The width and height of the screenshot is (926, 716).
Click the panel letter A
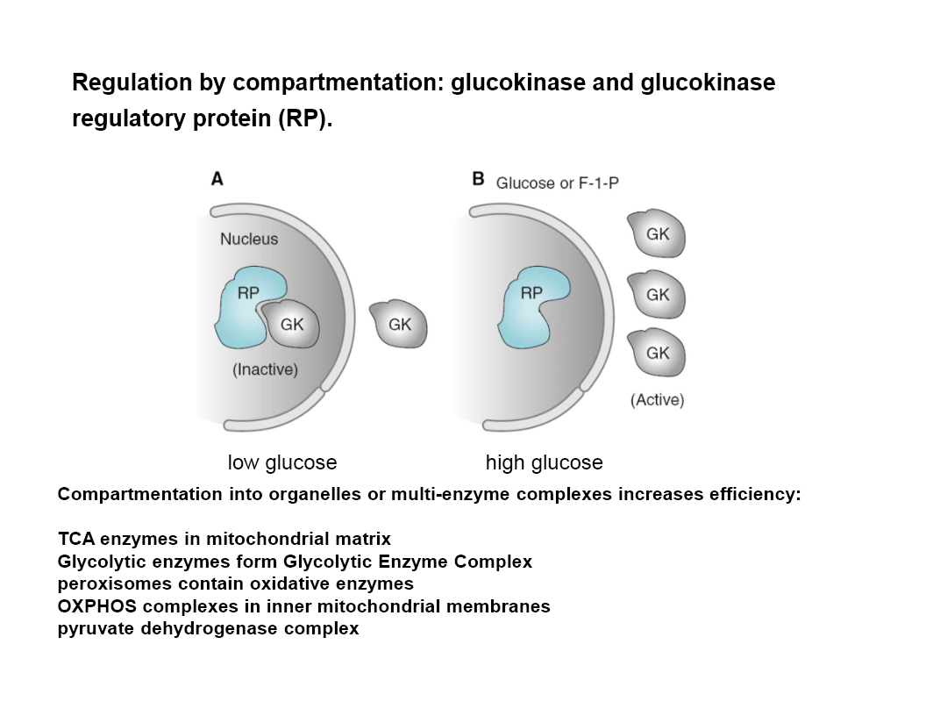point(217,179)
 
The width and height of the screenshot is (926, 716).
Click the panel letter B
point(479,179)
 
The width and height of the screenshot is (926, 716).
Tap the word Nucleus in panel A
point(249,239)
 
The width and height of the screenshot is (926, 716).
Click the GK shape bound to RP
point(290,325)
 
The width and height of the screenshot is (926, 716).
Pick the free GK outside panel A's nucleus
point(399,325)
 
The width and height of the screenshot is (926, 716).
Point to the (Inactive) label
point(265,369)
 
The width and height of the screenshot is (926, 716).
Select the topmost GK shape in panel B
point(657,234)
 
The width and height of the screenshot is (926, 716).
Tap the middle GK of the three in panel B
point(657,295)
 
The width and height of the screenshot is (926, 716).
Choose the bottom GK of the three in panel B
point(657,353)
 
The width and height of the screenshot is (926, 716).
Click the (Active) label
point(658,400)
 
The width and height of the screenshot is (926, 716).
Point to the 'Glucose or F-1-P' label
point(558,183)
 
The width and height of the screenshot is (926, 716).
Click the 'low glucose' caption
point(282,462)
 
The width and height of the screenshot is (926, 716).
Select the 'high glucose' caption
point(545,462)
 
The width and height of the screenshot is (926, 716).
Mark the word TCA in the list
point(76,539)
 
